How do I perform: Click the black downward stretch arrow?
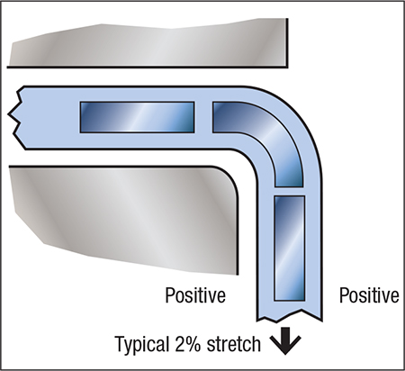pos(285,341)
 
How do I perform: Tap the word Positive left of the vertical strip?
pos(195,295)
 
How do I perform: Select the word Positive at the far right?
pos(369,295)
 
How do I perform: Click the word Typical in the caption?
pos(141,345)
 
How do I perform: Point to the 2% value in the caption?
pos(186,343)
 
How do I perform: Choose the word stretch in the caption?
pos(234,344)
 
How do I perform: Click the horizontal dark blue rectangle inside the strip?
pos(137,117)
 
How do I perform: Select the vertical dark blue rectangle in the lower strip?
pos(289,248)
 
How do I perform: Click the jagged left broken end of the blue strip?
pos(15,117)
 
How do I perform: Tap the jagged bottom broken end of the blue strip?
pos(290,317)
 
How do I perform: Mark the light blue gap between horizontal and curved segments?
pos(203,117)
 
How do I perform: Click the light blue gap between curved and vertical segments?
pos(289,192)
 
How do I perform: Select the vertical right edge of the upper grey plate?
pos(287,43)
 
